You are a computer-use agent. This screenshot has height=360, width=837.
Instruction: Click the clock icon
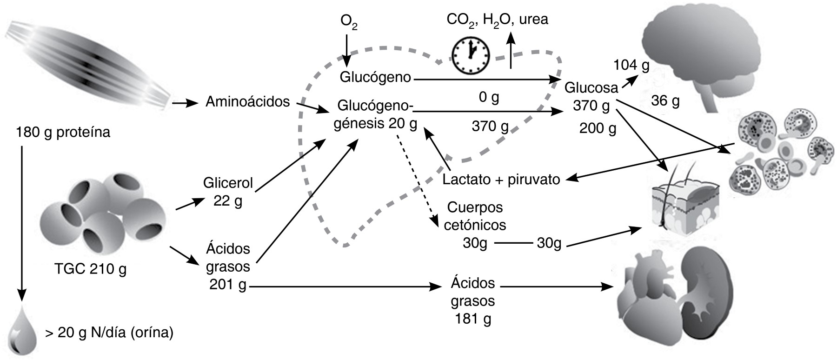click(471, 55)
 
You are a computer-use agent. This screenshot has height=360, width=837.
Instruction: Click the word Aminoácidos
click(247, 101)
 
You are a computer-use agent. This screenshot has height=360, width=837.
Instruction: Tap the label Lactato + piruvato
click(501, 180)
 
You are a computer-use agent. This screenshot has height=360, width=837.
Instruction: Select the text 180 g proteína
click(63, 133)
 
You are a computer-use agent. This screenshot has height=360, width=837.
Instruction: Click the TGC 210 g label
click(90, 269)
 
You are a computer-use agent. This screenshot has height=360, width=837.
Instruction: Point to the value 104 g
click(631, 66)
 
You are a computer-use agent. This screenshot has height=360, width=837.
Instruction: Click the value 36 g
click(665, 100)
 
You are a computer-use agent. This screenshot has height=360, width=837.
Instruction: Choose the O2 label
click(348, 22)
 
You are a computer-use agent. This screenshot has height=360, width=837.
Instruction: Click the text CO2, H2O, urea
click(497, 20)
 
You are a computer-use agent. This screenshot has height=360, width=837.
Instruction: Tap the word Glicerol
click(228, 183)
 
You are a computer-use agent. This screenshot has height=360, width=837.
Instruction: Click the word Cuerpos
click(474, 207)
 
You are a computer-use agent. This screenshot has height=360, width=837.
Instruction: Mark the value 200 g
click(598, 128)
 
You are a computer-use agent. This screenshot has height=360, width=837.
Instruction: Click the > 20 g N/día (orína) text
click(109, 333)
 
